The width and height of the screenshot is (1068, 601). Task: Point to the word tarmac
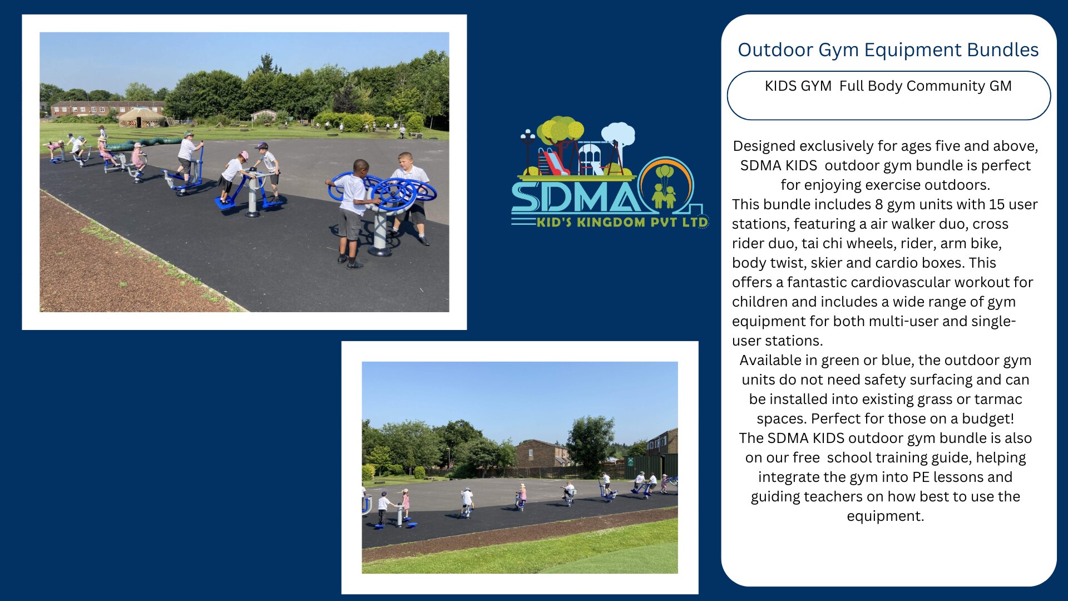click(998, 399)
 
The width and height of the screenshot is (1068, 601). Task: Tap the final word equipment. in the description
click(886, 516)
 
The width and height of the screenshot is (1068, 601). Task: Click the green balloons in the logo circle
click(664, 172)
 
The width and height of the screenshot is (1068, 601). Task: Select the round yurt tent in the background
click(142, 117)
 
